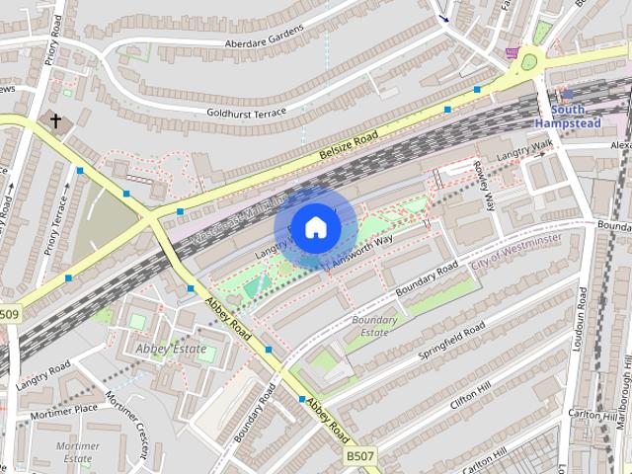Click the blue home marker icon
click(x=315, y=227)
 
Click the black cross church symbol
click(x=56, y=120)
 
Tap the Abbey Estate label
click(x=172, y=349)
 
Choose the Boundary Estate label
click(x=374, y=326)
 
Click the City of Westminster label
click(x=516, y=252)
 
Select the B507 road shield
click(x=360, y=457)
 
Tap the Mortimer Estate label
click(x=78, y=451)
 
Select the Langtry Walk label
click(x=524, y=153)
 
